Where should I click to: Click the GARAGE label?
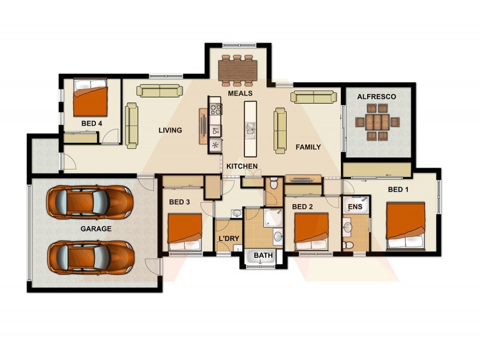[96, 229]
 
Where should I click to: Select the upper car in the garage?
[90, 202]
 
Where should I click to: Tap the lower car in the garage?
[90, 257]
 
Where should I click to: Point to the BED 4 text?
[92, 124]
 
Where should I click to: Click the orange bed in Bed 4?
[91, 101]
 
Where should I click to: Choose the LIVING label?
[170, 130]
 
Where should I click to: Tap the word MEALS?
[240, 94]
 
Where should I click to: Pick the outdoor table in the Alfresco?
[377, 122]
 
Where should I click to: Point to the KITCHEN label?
[242, 166]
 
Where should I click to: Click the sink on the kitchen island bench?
[250, 128]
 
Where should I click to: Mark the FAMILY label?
[308, 147]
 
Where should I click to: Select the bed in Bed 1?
[406, 226]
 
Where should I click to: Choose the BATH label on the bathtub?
[263, 256]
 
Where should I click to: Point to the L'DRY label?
[229, 239]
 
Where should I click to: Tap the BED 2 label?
[303, 206]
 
